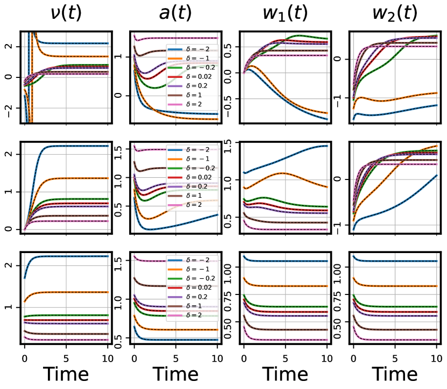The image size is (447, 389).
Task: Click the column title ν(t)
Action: pyautogui.click(x=66, y=13)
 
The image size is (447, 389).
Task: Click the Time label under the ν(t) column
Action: pyautogui.click(x=66, y=374)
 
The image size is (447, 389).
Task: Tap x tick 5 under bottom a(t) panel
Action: pyautogui.click(x=175, y=356)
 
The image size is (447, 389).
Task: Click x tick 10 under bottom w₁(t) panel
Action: pyautogui.click(x=327, y=356)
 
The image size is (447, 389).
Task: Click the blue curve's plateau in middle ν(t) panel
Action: pyautogui.click(x=81, y=146)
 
